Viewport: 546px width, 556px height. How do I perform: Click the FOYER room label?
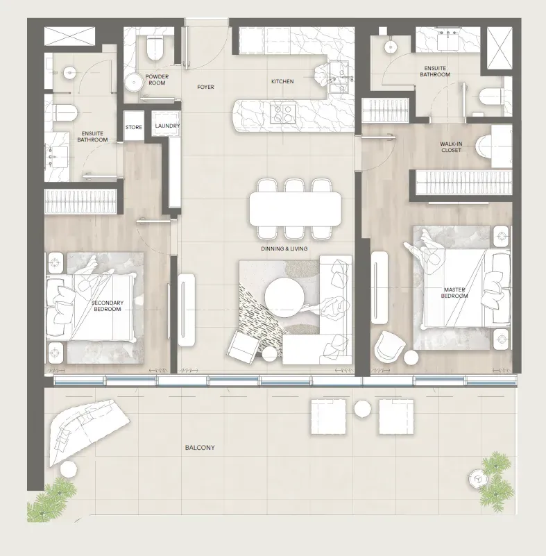[x=205, y=87]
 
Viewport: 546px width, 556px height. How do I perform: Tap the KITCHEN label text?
[x=282, y=81]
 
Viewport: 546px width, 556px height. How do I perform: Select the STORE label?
[x=134, y=127]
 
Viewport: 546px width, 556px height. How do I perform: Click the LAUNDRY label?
[x=167, y=126]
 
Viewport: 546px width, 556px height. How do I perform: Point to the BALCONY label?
[x=200, y=448]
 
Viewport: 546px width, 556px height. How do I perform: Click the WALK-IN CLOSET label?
[x=451, y=147]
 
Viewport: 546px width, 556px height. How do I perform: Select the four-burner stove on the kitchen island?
[x=283, y=112]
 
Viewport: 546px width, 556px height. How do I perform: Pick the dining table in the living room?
[x=296, y=209]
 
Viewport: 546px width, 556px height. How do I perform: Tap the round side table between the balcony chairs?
[x=362, y=408]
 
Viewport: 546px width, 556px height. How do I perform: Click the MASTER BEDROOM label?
[x=454, y=293]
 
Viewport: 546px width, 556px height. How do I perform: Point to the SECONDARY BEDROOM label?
[x=108, y=306]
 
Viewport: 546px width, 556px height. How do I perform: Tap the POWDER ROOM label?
[x=157, y=80]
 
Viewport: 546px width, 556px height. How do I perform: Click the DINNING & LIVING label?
[x=284, y=249]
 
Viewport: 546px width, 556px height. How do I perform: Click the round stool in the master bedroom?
[x=411, y=357]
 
